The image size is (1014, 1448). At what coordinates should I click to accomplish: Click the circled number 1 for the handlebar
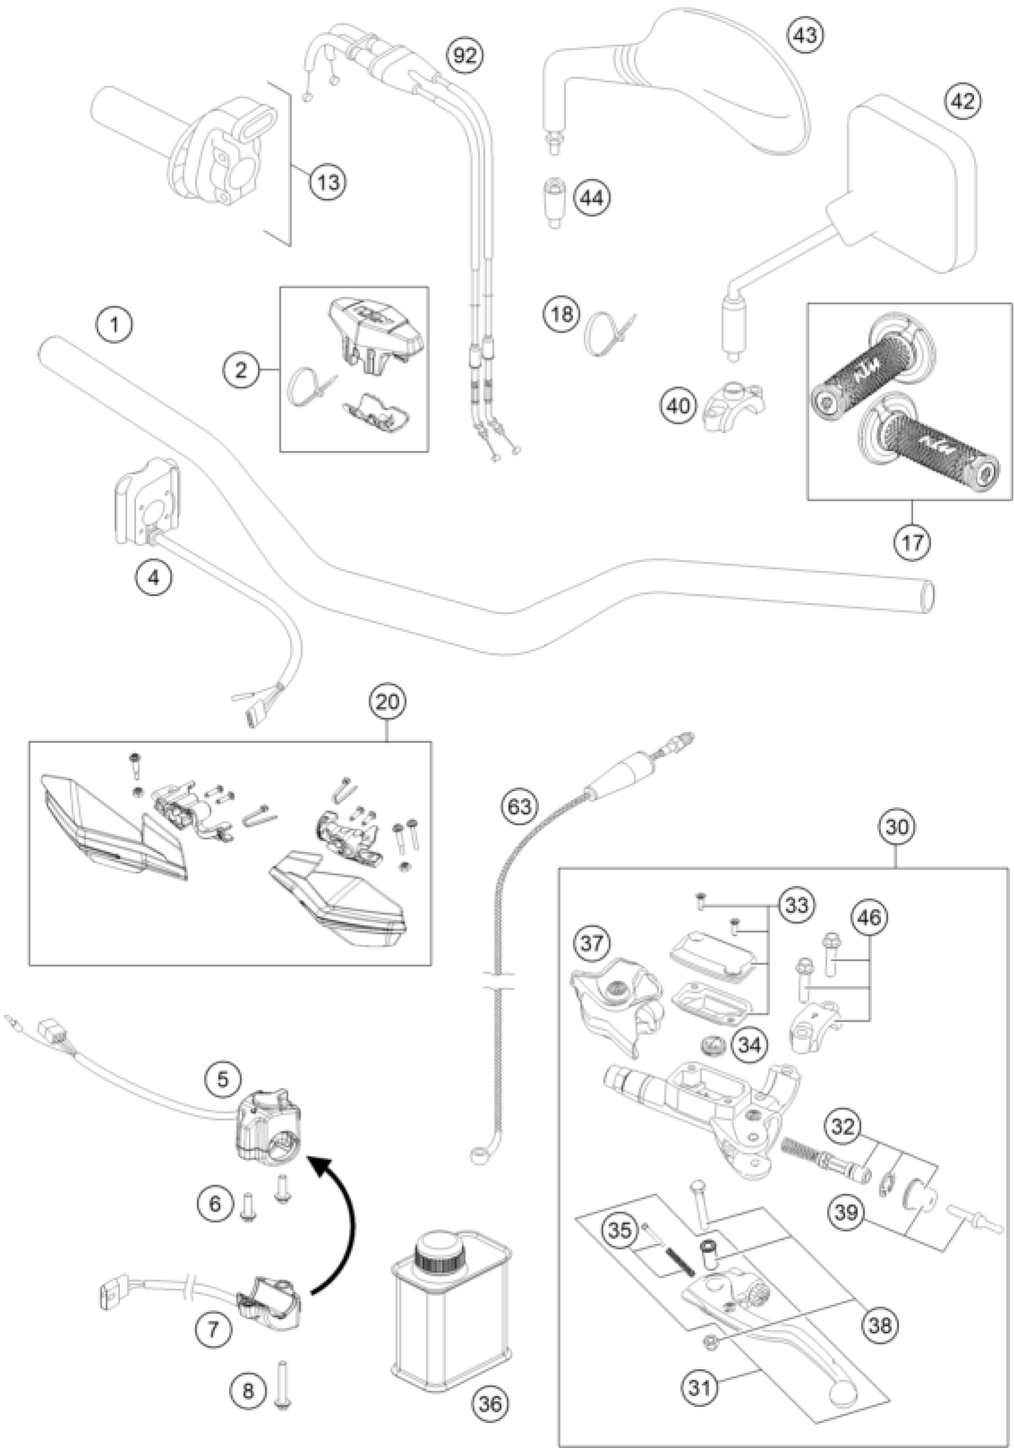[x=114, y=325]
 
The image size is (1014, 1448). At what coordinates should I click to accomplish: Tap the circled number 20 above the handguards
[x=388, y=702]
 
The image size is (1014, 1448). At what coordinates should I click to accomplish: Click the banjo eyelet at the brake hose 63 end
[x=478, y=1155]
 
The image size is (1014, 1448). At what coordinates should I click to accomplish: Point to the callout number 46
[x=868, y=918]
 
